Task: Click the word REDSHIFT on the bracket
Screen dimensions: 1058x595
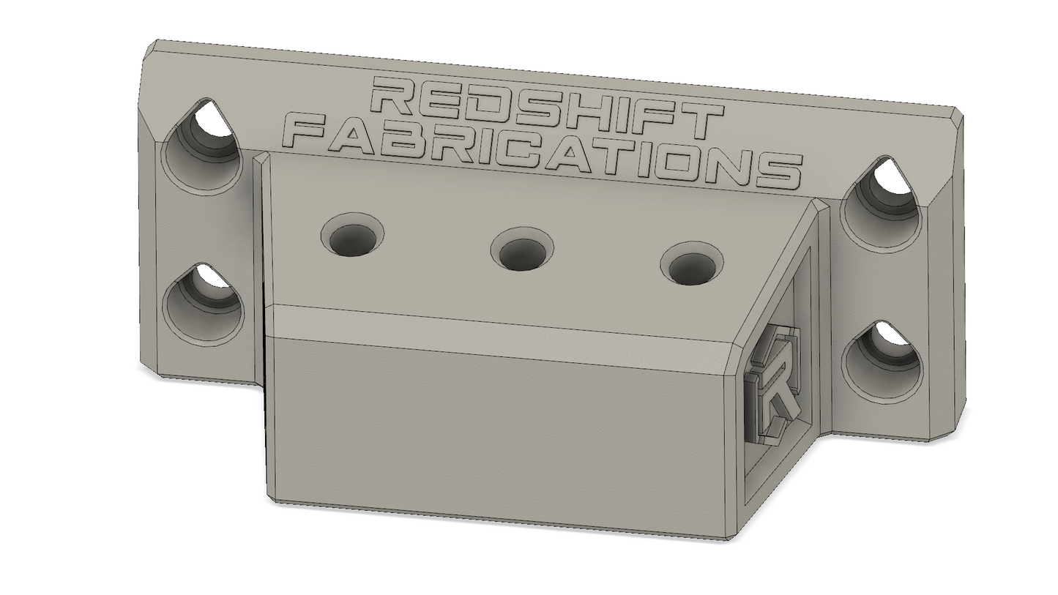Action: coord(548,110)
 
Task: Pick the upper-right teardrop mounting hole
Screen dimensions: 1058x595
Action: coord(882,203)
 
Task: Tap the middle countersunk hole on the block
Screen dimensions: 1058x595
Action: coord(522,249)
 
